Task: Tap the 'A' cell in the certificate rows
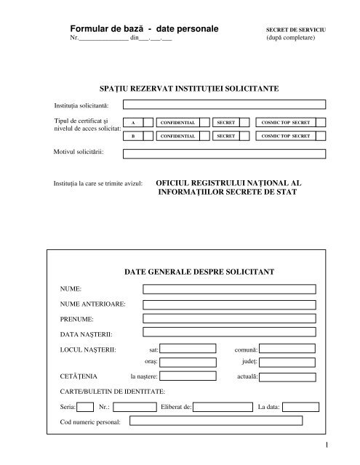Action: tap(132, 123)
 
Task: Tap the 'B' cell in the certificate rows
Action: tap(132, 136)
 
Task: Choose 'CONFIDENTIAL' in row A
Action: tap(174, 123)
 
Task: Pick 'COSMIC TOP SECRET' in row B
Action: tap(286, 136)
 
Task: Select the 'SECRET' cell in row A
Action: tap(225, 123)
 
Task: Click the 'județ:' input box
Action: tap(287, 360)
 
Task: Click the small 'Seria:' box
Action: tap(85, 407)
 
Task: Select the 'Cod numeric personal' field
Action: tap(215, 421)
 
